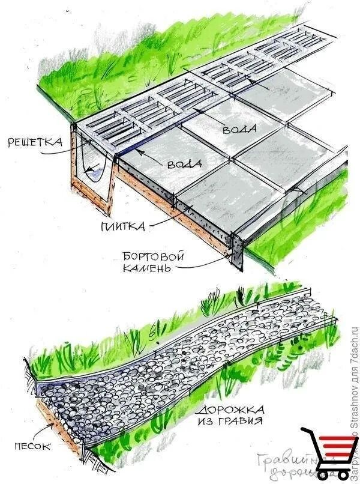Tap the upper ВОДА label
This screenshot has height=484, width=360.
(x=240, y=129)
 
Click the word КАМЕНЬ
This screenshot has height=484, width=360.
(x=145, y=268)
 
